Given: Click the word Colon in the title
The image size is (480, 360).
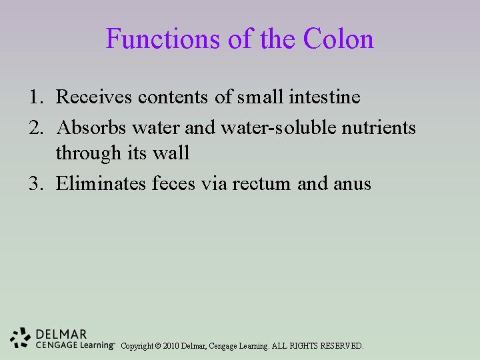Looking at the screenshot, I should point(339,39).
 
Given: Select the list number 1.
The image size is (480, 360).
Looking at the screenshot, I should point(35,97).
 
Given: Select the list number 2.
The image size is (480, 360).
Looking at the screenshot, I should point(35,127).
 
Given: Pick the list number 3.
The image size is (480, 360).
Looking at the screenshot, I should point(35,183).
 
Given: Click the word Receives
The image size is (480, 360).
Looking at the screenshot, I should point(94,97).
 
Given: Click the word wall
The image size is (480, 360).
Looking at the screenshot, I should point(172,153).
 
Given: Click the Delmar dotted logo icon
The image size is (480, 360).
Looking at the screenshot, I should point(21,339).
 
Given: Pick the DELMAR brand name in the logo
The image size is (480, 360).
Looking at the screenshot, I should point(61,334).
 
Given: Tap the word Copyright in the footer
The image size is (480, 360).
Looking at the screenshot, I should point(137,346).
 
